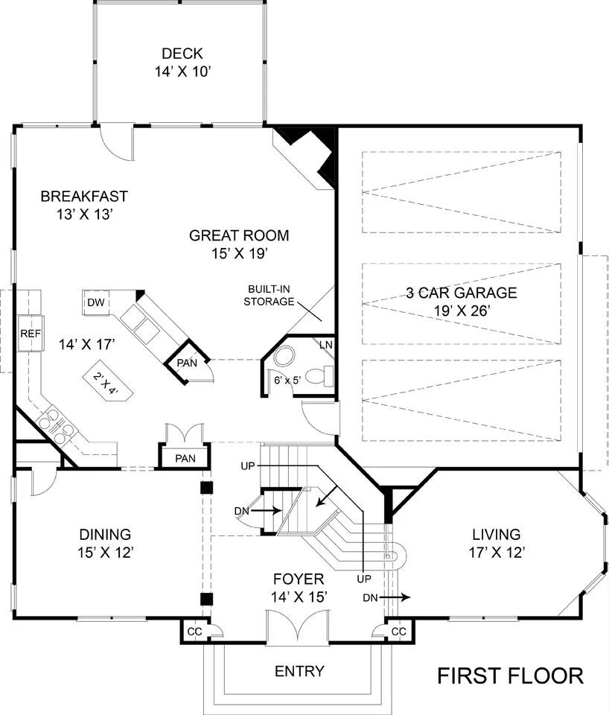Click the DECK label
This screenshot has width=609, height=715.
[x=182, y=54]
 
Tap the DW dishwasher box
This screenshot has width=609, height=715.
[x=96, y=302]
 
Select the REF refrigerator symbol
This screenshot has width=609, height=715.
[x=31, y=334]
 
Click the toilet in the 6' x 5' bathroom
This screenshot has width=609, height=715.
[x=319, y=376]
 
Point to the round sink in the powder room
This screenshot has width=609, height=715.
[x=285, y=356]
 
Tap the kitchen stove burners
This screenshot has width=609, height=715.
[x=57, y=427]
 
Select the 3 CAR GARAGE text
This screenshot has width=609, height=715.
[x=462, y=293]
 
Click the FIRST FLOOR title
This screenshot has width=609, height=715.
[x=511, y=676]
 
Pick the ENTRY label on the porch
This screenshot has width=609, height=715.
[x=299, y=671]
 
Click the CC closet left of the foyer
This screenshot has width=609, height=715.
[x=195, y=632]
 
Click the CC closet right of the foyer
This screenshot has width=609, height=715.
[x=399, y=632]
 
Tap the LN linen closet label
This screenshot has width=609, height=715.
[x=326, y=345]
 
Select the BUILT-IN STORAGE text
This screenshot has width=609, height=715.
[x=269, y=296]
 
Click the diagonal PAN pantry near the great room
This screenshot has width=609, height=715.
[x=187, y=362]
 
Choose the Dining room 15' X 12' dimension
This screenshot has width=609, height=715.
[x=105, y=553]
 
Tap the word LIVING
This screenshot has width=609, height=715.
[x=497, y=535]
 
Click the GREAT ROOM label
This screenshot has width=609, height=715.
[x=239, y=236]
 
